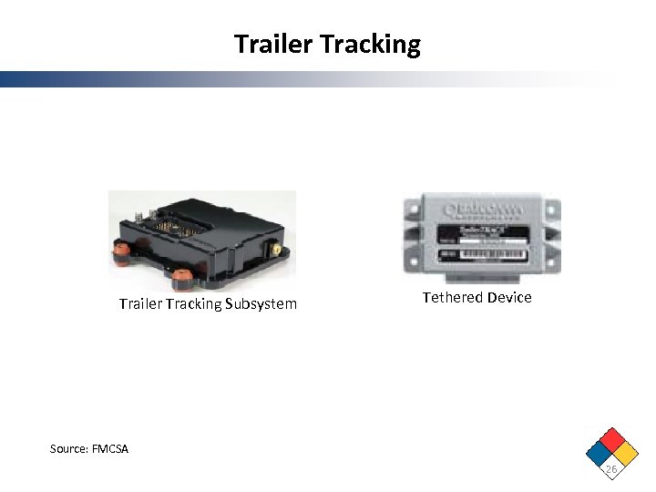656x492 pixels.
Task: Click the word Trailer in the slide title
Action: [267, 44]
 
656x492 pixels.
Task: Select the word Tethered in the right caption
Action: [454, 298]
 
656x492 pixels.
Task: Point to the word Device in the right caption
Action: [510, 298]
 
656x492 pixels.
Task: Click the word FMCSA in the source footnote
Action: [110, 449]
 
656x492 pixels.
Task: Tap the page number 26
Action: [610, 469]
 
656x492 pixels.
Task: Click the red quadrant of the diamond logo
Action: [610, 439]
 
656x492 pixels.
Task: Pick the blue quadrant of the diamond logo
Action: [598, 452]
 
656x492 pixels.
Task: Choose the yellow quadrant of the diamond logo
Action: [624, 452]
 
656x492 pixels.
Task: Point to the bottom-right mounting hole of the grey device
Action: [553, 258]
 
